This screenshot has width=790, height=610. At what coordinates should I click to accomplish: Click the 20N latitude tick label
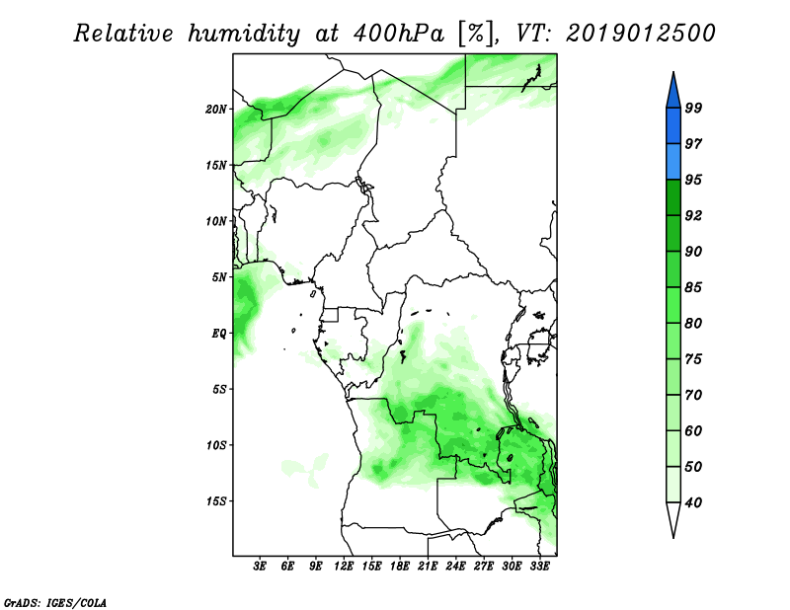(x=216, y=110)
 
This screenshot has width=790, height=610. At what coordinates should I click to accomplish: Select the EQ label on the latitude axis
(x=219, y=334)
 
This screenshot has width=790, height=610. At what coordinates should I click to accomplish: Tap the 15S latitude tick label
(x=216, y=501)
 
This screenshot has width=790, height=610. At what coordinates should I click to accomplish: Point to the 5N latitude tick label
(x=219, y=277)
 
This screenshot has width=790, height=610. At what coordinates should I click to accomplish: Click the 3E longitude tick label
(x=260, y=567)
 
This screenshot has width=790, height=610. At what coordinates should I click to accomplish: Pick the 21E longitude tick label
(x=428, y=567)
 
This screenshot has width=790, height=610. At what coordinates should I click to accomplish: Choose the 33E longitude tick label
(x=539, y=567)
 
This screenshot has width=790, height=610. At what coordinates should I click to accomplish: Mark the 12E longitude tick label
(x=344, y=567)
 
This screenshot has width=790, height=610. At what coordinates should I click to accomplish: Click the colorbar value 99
(x=693, y=108)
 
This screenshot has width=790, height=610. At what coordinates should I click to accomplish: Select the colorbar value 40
(x=693, y=502)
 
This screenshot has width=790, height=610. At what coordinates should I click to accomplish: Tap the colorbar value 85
(x=693, y=287)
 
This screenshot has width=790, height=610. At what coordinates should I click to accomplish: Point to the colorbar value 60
(x=693, y=430)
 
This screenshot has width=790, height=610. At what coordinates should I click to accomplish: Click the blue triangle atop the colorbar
(x=673, y=93)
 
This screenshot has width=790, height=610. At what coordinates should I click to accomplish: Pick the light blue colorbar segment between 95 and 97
(x=673, y=162)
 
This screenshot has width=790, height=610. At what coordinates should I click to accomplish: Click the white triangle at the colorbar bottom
(x=673, y=516)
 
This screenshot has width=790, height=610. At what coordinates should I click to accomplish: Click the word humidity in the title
(x=244, y=34)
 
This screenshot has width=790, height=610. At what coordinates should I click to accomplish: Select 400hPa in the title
(x=399, y=34)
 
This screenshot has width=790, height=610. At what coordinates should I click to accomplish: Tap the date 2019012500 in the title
(x=641, y=34)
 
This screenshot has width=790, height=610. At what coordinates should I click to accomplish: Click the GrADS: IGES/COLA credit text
(x=55, y=602)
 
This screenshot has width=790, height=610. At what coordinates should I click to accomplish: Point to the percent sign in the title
(x=475, y=34)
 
